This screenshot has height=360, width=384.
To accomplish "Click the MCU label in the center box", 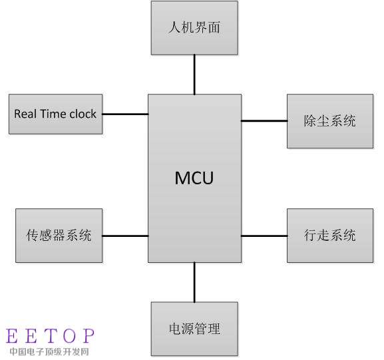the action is click(194, 178).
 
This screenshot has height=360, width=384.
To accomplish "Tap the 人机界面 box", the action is click(194, 28).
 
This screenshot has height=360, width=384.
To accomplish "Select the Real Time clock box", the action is click(56, 114).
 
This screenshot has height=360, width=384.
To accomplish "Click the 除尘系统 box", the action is click(330, 121).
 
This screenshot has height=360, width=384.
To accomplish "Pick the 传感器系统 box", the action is click(59, 236).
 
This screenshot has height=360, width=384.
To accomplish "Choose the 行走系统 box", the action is click(330, 236).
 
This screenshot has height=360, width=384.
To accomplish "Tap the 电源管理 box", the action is click(194, 329).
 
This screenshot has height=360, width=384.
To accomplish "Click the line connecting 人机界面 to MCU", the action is click(194, 75).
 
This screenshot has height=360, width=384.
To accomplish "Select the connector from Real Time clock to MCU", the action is click(125, 114).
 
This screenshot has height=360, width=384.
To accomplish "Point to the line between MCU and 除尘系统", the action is click(264, 120).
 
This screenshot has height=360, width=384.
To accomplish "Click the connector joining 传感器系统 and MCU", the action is click(125, 236).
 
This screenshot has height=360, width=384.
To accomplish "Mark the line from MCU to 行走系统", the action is click(264, 236).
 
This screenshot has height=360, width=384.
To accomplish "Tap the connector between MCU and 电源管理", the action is click(194, 282).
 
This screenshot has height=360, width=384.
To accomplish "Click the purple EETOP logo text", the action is click(50, 336).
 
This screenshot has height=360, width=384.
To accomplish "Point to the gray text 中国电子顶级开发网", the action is click(49, 351).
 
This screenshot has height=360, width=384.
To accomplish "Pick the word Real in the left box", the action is click(25, 114).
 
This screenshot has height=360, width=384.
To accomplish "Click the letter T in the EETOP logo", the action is click(50, 336).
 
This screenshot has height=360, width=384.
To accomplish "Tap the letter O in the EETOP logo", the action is click(69, 336).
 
